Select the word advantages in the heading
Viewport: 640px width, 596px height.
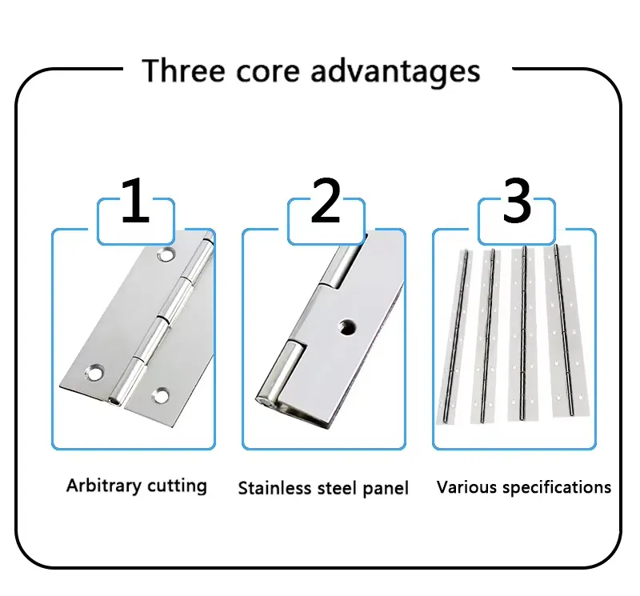pos(395,72)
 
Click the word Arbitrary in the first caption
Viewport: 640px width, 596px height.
pos(100,486)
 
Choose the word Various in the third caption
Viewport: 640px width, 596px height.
pos(465,486)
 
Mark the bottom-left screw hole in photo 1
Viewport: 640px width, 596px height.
pos(95,372)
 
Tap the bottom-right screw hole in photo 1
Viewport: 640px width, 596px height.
pos(163,394)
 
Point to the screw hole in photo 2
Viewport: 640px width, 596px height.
pos(346,326)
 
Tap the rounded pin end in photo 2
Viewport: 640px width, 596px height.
pos(263,394)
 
